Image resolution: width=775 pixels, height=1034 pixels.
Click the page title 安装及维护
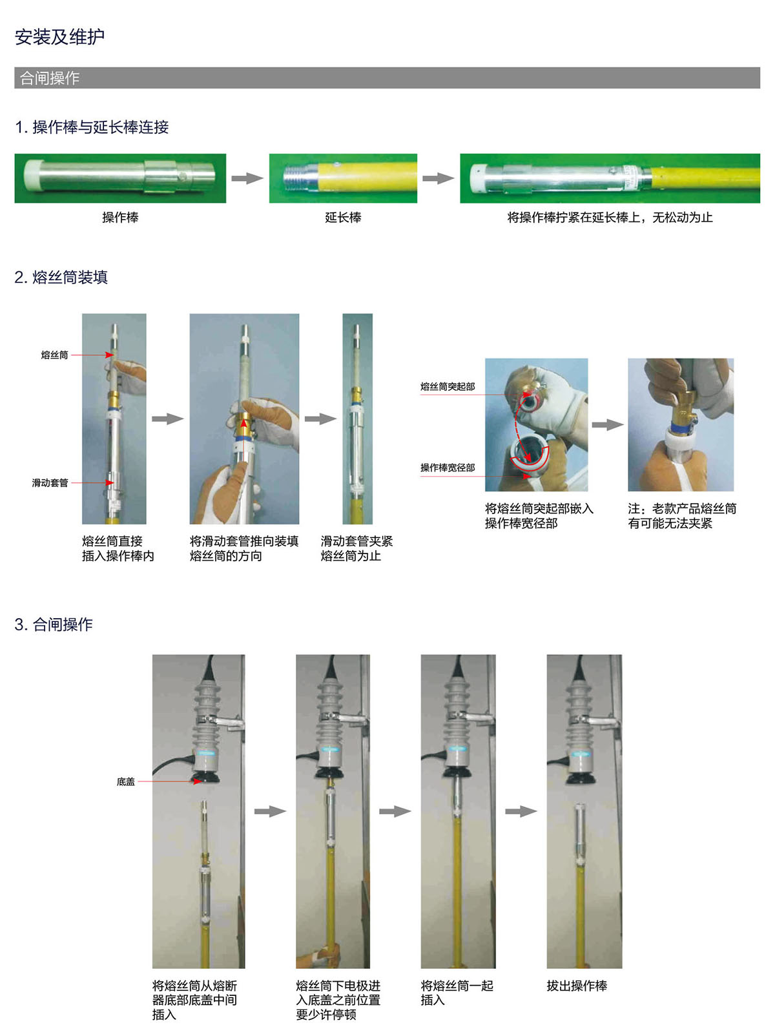(59, 37)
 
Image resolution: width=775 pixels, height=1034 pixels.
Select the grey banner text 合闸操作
(50, 78)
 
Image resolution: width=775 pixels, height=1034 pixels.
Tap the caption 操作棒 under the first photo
(120, 217)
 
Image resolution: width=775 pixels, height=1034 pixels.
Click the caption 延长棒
(343, 217)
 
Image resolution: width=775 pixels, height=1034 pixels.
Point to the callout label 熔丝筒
(55, 355)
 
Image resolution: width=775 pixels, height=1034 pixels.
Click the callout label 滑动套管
(50, 482)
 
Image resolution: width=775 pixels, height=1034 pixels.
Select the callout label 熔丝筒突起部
(448, 386)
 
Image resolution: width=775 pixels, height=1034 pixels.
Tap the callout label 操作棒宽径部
(448, 468)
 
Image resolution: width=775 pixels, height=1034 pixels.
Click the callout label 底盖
(126, 781)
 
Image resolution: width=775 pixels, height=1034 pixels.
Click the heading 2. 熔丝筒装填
(61, 277)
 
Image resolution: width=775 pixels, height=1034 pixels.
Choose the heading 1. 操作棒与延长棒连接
(92, 127)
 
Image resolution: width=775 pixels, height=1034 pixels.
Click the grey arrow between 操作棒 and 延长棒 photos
(247, 178)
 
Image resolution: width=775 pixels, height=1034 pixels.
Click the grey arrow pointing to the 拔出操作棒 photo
(521, 811)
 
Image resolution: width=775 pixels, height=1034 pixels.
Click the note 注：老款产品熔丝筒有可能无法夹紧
(682, 516)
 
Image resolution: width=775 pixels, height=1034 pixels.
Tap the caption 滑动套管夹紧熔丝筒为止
(356, 548)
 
